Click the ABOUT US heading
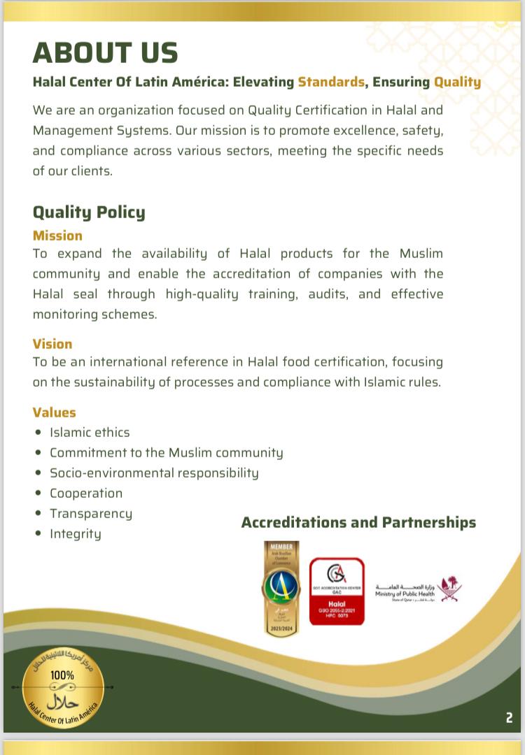coord(106,53)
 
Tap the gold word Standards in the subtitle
coord(331,82)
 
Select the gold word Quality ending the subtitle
coord(457,82)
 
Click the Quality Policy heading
coord(89,212)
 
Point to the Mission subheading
coord(57,236)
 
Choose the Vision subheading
coord(52,344)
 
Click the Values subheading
coord(55,412)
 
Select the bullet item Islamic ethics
coord(90,433)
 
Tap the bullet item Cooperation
coord(86,494)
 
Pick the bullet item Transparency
coord(91,514)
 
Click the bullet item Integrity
coord(76,534)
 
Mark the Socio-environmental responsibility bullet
coord(154,473)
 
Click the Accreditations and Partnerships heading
coord(358,522)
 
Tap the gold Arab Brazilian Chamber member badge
coord(281,589)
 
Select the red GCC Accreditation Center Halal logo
coord(337,591)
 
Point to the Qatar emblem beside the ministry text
coord(451,589)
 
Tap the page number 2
coord(509,717)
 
